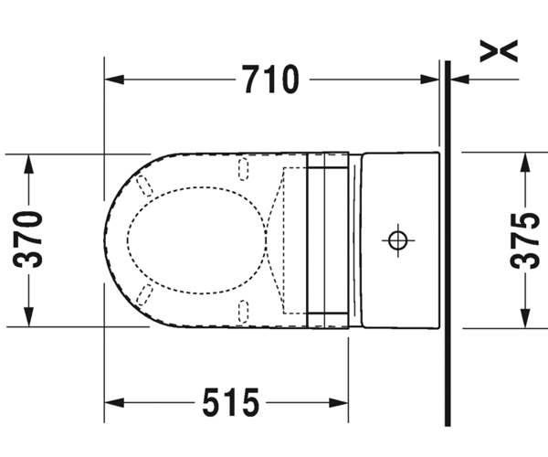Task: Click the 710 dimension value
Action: (x=271, y=79)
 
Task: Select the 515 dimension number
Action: (x=231, y=402)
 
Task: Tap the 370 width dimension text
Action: (x=28, y=239)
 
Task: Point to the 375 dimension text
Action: (x=526, y=241)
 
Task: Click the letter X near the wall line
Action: (x=499, y=51)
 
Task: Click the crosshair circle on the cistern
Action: (x=398, y=240)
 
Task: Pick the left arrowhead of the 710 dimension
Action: (x=114, y=80)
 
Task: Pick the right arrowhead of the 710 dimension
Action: (x=429, y=80)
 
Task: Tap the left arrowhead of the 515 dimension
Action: (x=114, y=402)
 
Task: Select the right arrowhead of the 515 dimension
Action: (x=339, y=402)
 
